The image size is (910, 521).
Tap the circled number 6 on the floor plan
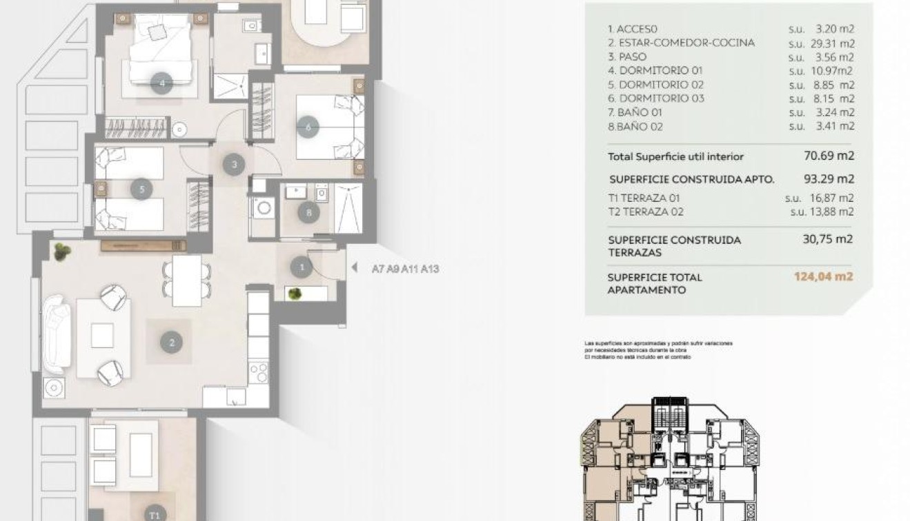point(308,127)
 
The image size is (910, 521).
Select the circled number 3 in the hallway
point(234,165)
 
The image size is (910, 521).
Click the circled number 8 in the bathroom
point(308,213)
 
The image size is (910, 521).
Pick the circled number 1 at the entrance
point(301,266)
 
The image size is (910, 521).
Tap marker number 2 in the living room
point(171,341)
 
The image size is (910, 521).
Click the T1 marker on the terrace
point(156,513)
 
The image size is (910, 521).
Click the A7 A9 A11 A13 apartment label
point(405,269)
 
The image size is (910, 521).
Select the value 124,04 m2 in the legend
point(823,278)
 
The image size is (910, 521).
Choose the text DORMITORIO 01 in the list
point(655,71)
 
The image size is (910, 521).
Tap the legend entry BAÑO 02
point(636,127)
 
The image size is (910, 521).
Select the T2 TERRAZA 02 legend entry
point(646,212)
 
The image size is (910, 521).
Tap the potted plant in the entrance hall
point(295,293)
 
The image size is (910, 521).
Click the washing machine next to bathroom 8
point(263,207)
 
